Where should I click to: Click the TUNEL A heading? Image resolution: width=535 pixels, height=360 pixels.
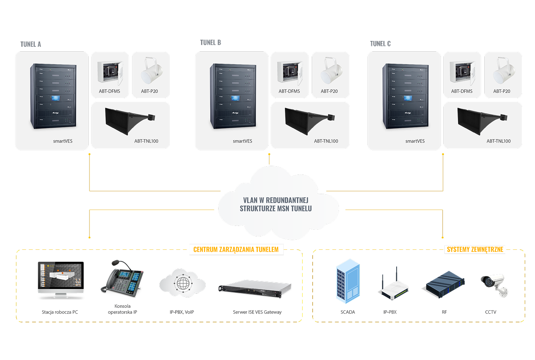pyautogui.click(x=31, y=44)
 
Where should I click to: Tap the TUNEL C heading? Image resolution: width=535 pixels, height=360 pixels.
pyautogui.click(x=380, y=43)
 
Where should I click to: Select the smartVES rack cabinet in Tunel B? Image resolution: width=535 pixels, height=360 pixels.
pyautogui.click(x=232, y=96)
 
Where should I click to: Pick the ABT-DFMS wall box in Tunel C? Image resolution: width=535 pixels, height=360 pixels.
pyautogui.click(x=462, y=71)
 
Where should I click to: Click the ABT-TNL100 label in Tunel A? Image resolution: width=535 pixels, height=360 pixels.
pyautogui.click(x=146, y=141)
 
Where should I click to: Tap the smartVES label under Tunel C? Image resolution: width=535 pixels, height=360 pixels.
pyautogui.click(x=415, y=141)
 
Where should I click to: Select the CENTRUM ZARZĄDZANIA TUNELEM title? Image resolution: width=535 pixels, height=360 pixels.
pyautogui.click(x=236, y=250)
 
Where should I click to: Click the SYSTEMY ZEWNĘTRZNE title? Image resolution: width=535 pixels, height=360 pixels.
pyautogui.click(x=475, y=250)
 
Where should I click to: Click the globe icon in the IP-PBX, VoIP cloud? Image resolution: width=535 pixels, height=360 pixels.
pyautogui.click(x=183, y=283)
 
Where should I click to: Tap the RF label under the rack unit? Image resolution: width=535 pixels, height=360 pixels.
pyautogui.click(x=444, y=312)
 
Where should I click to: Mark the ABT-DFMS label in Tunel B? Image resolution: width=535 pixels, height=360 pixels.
pyautogui.click(x=289, y=91)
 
